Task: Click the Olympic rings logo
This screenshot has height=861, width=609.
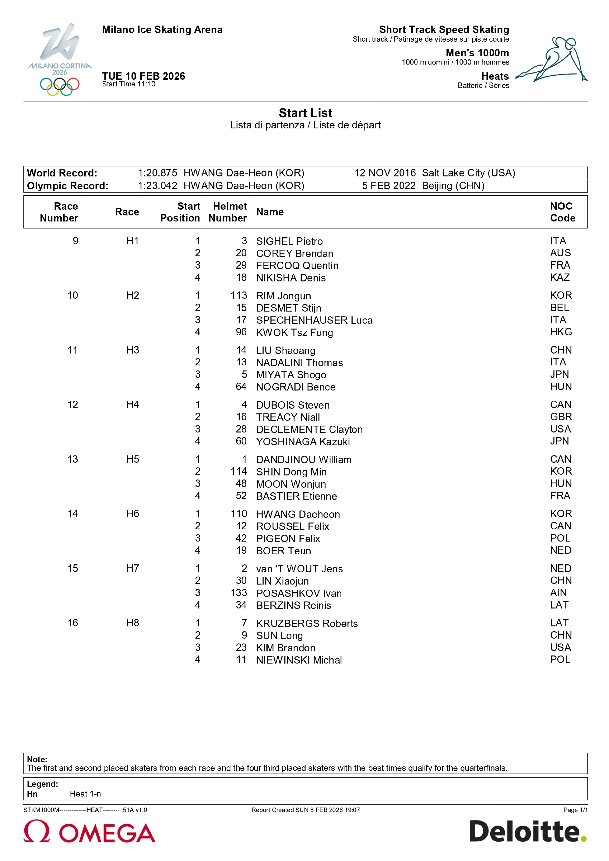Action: click(x=60, y=86)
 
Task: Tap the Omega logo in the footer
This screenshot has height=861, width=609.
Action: click(x=89, y=831)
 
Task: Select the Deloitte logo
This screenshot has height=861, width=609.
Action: click(x=528, y=831)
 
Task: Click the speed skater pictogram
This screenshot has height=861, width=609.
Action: click(x=551, y=60)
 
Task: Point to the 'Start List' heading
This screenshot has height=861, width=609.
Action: click(x=305, y=113)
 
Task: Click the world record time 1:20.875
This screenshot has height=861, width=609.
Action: click(x=157, y=173)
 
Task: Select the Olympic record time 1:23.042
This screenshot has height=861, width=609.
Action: click(x=157, y=186)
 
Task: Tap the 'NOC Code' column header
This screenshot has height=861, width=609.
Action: click(x=562, y=212)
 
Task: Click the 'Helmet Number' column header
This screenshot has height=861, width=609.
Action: click(x=228, y=212)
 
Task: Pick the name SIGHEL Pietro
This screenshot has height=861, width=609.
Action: click(x=289, y=241)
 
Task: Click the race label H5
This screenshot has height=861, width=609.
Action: click(x=132, y=459)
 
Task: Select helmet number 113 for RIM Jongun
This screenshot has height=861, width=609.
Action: click(x=239, y=295)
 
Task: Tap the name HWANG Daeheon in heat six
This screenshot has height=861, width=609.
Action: click(x=298, y=514)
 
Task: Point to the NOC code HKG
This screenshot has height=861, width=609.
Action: click(x=561, y=332)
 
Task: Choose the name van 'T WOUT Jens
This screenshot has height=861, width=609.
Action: click(x=299, y=569)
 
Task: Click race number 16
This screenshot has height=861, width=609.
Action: click(x=72, y=623)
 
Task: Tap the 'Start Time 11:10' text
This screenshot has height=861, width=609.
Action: click(x=129, y=84)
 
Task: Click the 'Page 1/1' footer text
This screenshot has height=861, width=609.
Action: click(x=575, y=810)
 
